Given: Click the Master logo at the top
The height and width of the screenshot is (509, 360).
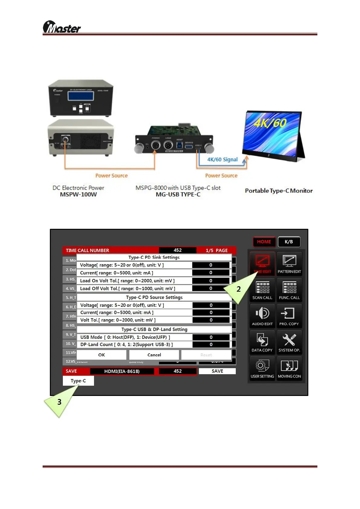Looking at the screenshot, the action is (62, 27).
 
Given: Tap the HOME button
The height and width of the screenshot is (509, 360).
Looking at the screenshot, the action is (264, 242).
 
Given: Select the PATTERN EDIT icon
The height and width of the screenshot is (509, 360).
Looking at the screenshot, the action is (289, 263).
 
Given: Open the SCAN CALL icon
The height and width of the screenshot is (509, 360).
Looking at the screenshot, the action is (262, 290).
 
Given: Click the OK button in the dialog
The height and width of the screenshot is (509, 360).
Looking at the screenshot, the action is (102, 355).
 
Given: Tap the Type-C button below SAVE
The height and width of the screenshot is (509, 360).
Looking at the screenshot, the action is (78, 381).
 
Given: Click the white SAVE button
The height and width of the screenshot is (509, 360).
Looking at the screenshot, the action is (217, 371).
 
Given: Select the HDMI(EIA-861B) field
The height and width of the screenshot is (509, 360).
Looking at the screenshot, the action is (122, 371).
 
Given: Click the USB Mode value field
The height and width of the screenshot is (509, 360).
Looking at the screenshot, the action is (211, 337).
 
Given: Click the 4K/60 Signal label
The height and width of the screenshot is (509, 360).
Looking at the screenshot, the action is (222, 160).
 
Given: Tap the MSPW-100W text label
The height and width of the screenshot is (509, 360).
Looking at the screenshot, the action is (78, 194).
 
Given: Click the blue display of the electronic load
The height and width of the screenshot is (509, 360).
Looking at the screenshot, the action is (81, 96).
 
